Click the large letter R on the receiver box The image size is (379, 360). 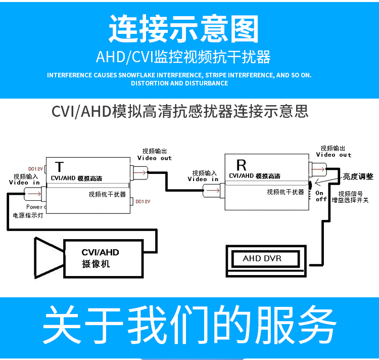pos(241,165)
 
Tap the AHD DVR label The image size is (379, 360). pos(262,258)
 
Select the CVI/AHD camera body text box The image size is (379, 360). pos(100,258)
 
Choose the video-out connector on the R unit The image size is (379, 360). pos(319,169)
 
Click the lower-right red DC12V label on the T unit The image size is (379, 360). pos(143,201)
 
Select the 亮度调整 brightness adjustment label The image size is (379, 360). pos(358,176)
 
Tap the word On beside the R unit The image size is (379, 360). pos(319,193)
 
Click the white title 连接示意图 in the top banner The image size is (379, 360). pos(183,28)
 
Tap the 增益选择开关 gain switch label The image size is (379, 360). pos(350,200)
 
